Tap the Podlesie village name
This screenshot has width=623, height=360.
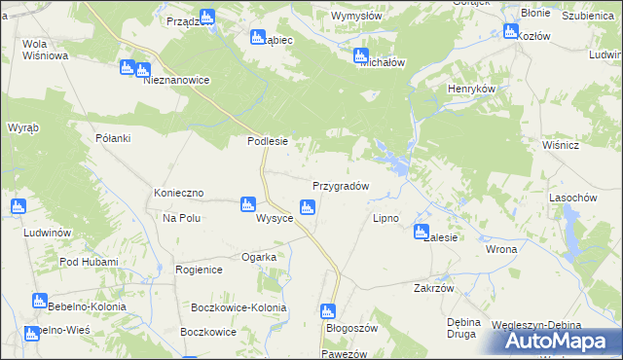point(267,141)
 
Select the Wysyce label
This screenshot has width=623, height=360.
point(275,219)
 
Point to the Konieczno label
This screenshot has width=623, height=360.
point(178,194)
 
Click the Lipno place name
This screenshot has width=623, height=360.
point(385,219)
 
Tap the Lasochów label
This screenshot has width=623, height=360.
point(572,198)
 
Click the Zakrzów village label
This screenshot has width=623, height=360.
point(434,289)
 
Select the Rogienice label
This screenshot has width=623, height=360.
point(200,270)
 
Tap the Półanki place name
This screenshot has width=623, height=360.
point(113,139)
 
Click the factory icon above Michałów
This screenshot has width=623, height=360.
point(361,55)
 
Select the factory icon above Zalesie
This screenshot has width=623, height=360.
point(421,232)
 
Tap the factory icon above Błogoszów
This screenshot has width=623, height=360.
point(328,311)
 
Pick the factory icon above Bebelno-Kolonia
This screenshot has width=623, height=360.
point(39,301)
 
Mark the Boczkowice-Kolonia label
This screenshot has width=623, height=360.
point(239,308)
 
